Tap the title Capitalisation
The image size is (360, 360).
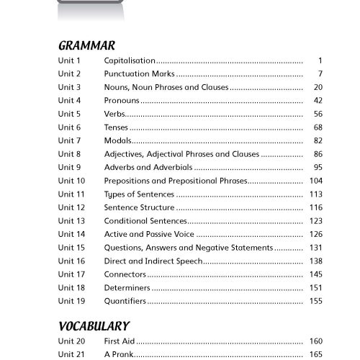(x=130, y=60)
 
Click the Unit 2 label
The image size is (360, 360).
(x=69, y=74)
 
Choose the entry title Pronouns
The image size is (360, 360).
(x=122, y=100)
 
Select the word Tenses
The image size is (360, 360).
(x=117, y=127)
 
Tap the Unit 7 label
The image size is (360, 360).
(x=69, y=140)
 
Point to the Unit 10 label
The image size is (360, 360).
(x=71, y=180)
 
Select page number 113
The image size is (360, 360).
(x=315, y=194)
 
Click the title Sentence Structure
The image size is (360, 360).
(x=139, y=207)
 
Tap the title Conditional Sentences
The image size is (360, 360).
(x=145, y=220)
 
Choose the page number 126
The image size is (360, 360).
(x=315, y=234)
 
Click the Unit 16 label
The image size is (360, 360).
(x=71, y=261)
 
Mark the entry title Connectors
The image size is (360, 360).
(x=125, y=274)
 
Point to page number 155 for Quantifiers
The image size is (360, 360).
(x=315, y=301)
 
